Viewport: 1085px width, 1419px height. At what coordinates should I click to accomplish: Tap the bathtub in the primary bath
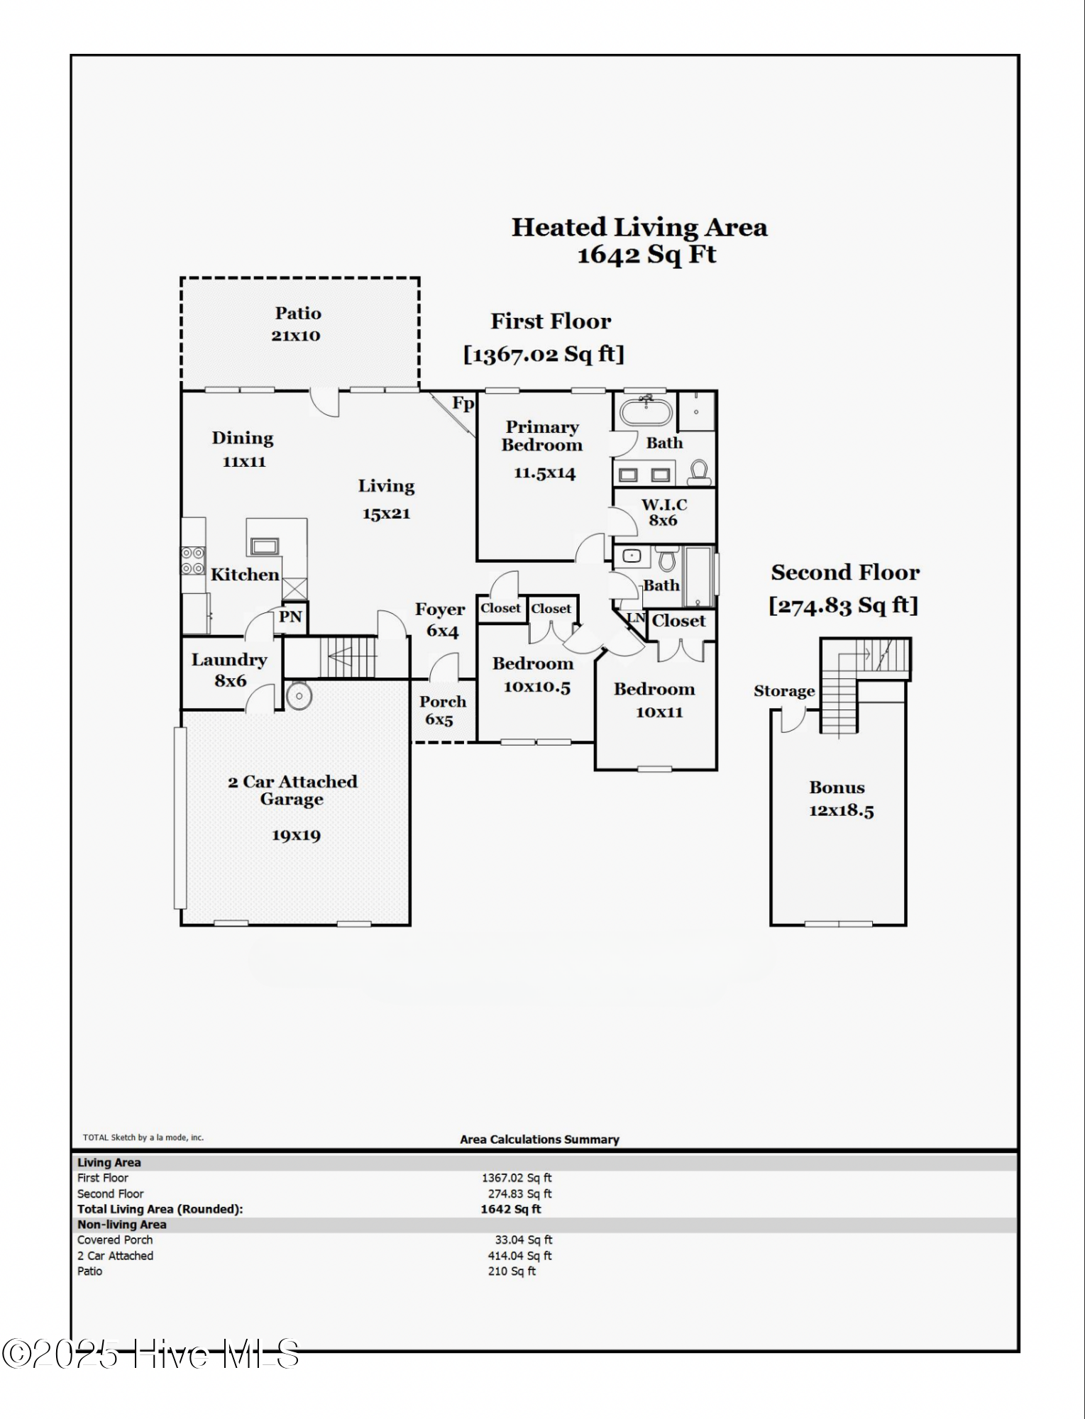[x=646, y=412]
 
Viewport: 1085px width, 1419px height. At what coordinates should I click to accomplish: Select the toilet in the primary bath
[x=700, y=472]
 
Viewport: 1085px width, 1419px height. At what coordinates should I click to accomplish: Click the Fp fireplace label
[x=463, y=404]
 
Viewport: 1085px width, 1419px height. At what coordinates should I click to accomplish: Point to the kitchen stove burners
[x=193, y=561]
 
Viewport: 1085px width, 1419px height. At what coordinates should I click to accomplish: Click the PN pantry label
[x=290, y=617]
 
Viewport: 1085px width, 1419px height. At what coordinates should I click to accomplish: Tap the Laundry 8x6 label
[x=229, y=670]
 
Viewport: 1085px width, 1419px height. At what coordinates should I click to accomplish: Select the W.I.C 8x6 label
[x=664, y=512]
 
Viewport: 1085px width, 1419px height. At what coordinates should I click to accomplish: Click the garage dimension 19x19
[x=296, y=835]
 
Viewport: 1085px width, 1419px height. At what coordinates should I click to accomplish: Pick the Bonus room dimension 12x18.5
[x=842, y=811]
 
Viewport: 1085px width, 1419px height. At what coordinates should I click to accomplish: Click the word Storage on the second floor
[x=784, y=691]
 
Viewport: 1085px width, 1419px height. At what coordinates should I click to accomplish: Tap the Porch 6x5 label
[x=442, y=710]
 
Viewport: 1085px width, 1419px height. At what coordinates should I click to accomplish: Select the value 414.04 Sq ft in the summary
[x=519, y=1256]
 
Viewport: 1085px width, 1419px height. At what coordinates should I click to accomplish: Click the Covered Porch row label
[x=115, y=1240]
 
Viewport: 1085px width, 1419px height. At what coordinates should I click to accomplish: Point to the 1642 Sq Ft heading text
[x=646, y=255]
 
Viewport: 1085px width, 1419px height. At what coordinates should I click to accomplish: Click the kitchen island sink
[x=265, y=546]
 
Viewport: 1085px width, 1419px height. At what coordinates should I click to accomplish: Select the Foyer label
[x=440, y=609]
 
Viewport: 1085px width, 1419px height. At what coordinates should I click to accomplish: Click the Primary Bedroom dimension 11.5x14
[x=544, y=473]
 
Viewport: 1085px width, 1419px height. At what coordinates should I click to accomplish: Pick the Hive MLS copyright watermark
[x=150, y=1354]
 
